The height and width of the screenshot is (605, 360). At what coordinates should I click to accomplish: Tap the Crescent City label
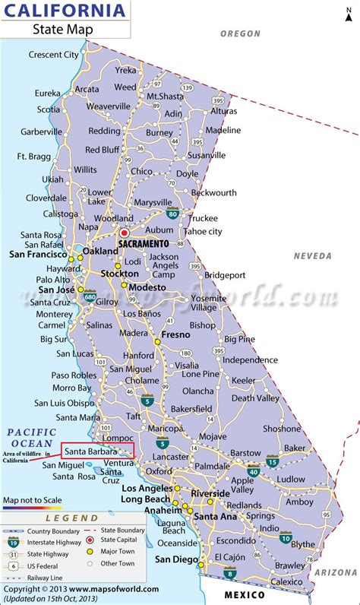point(54,55)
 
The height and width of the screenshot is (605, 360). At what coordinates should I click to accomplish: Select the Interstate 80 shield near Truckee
point(174,214)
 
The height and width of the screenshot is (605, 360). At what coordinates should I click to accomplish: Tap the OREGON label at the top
point(240,34)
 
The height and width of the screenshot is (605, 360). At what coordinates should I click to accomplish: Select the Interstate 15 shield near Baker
point(273,461)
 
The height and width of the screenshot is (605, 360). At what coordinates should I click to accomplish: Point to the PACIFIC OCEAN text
point(30,438)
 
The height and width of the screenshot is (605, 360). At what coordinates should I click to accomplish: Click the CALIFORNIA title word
point(65,12)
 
